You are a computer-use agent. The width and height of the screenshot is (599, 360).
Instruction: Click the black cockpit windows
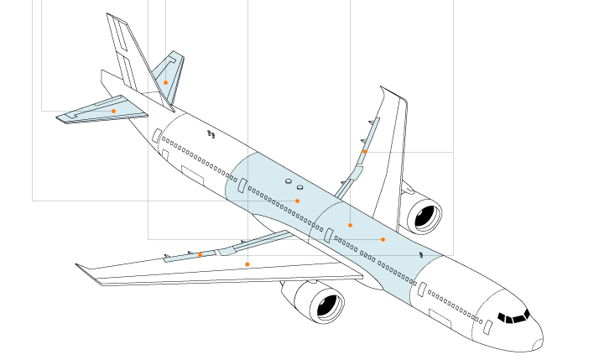(x=514, y=316)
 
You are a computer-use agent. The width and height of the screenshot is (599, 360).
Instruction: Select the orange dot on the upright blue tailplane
(x=166, y=81)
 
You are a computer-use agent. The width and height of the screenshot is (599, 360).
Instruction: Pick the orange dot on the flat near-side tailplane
(x=113, y=111)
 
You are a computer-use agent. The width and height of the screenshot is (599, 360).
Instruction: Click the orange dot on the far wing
(x=364, y=151)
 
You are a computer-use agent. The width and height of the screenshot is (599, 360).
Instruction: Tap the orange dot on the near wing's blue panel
(x=200, y=254)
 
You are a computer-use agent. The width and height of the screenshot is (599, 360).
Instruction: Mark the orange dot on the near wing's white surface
(x=247, y=264)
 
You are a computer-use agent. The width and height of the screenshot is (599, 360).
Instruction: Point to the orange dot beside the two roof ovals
(x=297, y=201)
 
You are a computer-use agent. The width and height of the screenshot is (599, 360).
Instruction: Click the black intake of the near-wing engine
(x=328, y=306)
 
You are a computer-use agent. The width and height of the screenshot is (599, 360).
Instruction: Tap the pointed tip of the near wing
(x=78, y=266)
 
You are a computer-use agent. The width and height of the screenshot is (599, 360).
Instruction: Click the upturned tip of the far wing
(x=383, y=88)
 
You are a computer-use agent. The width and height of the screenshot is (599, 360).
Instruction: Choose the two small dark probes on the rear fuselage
(x=211, y=133)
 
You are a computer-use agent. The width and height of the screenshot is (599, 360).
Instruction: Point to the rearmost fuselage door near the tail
(x=157, y=135)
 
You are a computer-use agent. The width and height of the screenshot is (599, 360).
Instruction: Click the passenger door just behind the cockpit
(x=488, y=326)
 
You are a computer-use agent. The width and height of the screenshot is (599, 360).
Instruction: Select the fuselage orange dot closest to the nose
(x=383, y=239)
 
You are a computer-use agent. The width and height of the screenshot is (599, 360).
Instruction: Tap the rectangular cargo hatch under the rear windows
(x=192, y=175)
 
